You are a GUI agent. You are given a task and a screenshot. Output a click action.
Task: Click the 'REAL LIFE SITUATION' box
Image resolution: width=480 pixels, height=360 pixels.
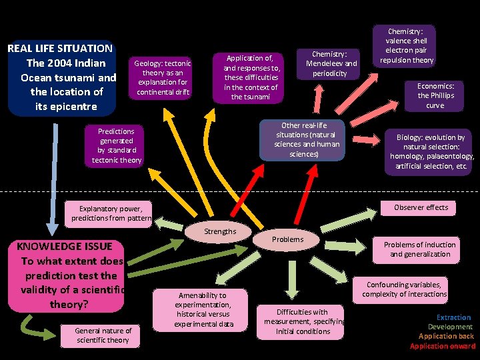[61, 77]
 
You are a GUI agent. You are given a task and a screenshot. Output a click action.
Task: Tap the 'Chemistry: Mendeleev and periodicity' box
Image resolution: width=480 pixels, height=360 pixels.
[331, 63]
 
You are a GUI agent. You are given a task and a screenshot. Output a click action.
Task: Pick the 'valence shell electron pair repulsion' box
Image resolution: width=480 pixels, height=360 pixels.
[407, 45]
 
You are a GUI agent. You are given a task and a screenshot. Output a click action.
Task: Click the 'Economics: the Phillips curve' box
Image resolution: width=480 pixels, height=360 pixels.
[435, 95]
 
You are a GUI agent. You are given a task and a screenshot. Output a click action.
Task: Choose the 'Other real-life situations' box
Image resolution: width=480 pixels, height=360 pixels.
[304, 140]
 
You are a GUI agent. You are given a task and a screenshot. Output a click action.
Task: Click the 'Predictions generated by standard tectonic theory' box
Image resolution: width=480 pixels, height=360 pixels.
[116, 145]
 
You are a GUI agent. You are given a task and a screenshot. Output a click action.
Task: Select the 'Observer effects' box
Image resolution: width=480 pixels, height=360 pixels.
[421, 207]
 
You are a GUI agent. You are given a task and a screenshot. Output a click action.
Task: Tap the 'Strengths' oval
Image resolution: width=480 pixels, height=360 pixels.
[220, 231]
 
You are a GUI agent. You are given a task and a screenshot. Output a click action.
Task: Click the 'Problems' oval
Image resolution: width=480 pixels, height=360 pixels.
[287, 239]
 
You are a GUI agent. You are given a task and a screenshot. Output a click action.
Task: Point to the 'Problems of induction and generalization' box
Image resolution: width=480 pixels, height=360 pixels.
[420, 249]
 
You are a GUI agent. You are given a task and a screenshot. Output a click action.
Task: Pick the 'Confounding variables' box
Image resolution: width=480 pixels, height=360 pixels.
[405, 289]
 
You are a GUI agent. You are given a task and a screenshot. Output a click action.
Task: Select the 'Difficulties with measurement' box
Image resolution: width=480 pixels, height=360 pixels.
[302, 321]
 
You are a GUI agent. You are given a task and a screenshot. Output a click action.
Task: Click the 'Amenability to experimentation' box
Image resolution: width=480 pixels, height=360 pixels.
[203, 309]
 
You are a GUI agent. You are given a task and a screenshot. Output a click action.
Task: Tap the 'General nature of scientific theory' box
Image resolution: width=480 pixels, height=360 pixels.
[103, 335]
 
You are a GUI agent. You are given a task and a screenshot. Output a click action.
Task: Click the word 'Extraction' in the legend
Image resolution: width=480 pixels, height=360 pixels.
[453, 317]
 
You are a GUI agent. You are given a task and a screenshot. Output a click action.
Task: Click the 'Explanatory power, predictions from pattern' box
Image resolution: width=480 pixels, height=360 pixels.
[111, 213]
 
